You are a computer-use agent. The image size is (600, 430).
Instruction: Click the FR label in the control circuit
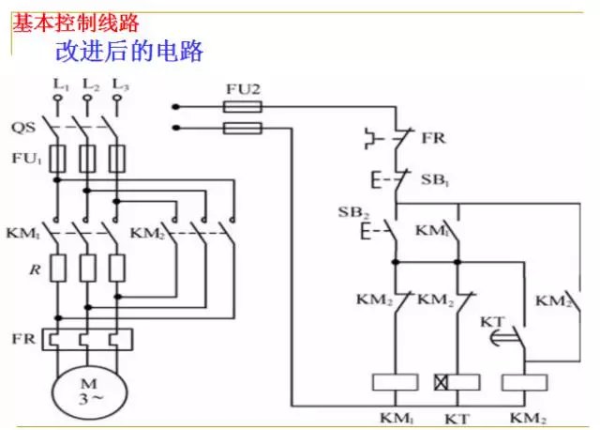432,138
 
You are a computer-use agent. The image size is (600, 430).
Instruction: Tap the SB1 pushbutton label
434,178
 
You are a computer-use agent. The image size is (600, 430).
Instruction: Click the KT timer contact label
492,322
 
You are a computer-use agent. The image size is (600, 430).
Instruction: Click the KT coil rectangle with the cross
457,382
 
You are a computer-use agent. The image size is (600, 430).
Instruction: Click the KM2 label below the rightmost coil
528,416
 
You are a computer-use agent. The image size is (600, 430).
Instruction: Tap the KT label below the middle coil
458,416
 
